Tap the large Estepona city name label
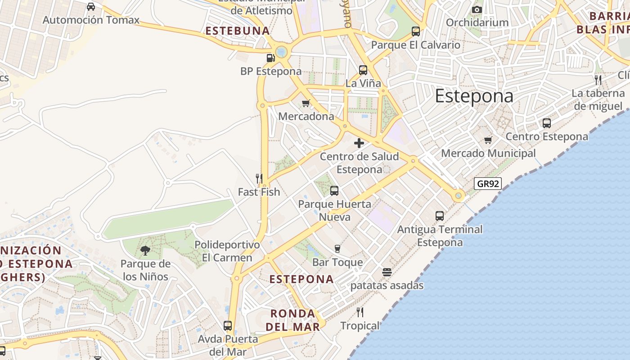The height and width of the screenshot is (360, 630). [474, 96]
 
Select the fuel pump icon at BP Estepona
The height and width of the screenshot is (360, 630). [270, 58]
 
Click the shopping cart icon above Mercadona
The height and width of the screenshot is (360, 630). [306, 103]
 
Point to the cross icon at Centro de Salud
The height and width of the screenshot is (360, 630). [359, 144]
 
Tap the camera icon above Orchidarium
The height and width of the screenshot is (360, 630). [477, 9]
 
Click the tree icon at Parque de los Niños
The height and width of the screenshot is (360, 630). [145, 251]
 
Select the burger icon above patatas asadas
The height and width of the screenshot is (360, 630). [387, 272]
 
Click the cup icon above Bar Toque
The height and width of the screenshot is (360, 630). [337, 249]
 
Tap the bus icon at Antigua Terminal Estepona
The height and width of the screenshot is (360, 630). [440, 216]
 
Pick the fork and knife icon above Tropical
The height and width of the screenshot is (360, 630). [360, 312]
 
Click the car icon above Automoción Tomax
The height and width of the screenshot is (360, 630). [91, 7]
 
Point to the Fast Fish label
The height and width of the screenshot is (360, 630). [259, 192]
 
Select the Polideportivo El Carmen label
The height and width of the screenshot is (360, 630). [227, 251]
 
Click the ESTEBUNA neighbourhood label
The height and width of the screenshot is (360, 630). [238, 31]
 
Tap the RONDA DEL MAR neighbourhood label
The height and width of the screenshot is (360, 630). [292, 320]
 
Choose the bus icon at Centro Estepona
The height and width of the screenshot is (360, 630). [547, 123]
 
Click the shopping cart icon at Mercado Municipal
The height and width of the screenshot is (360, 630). [488, 140]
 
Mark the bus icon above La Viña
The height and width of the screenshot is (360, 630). [363, 70]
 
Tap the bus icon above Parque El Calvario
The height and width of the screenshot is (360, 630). [416, 31]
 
